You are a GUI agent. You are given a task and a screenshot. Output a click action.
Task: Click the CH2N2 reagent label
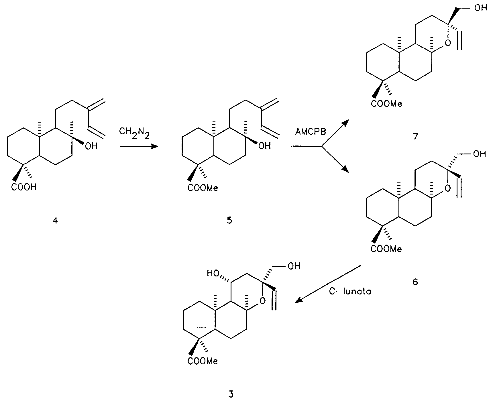tap(134, 134)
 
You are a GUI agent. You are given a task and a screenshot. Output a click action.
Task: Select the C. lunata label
tap(350, 292)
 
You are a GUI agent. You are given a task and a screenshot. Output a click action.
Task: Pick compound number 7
tap(415, 136)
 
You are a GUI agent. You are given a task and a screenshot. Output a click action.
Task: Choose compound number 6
tap(415, 282)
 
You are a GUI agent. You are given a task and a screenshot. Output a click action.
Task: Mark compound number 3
tap(231, 394)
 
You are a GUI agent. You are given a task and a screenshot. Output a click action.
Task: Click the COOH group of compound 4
tap(24, 187)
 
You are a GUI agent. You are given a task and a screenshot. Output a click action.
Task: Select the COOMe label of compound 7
tap(386, 103)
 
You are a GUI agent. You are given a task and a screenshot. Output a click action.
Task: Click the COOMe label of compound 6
tap(386, 249)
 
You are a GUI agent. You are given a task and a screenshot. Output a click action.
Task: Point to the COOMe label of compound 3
tap(203, 361)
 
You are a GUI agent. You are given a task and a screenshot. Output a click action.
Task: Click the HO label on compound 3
tap(213, 274)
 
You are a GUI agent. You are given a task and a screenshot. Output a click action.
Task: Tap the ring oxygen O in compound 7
tap(448, 43)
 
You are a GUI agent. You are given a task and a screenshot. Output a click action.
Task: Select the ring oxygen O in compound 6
tap(448, 188)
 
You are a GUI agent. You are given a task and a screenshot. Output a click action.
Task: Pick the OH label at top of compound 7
tap(480, 8)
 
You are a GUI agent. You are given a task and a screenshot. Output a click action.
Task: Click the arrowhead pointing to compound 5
tap(155, 147)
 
